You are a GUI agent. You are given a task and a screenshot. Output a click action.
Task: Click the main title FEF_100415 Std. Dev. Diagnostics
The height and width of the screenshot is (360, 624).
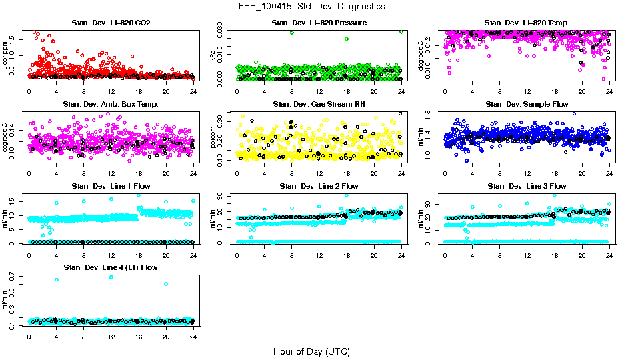pos(311,7)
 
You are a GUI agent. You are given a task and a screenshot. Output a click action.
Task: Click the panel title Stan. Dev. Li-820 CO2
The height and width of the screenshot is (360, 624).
pos(111,23)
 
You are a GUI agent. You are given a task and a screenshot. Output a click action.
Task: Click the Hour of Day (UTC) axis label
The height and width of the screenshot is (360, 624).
pos(311,351)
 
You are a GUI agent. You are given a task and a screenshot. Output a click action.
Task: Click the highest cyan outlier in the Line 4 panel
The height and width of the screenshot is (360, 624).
pos(111,277)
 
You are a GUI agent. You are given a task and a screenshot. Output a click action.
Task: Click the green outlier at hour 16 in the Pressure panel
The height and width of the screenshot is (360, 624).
pos(347,39)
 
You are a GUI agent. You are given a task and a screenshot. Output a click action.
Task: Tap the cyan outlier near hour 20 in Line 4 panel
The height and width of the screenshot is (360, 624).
pos(165,284)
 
